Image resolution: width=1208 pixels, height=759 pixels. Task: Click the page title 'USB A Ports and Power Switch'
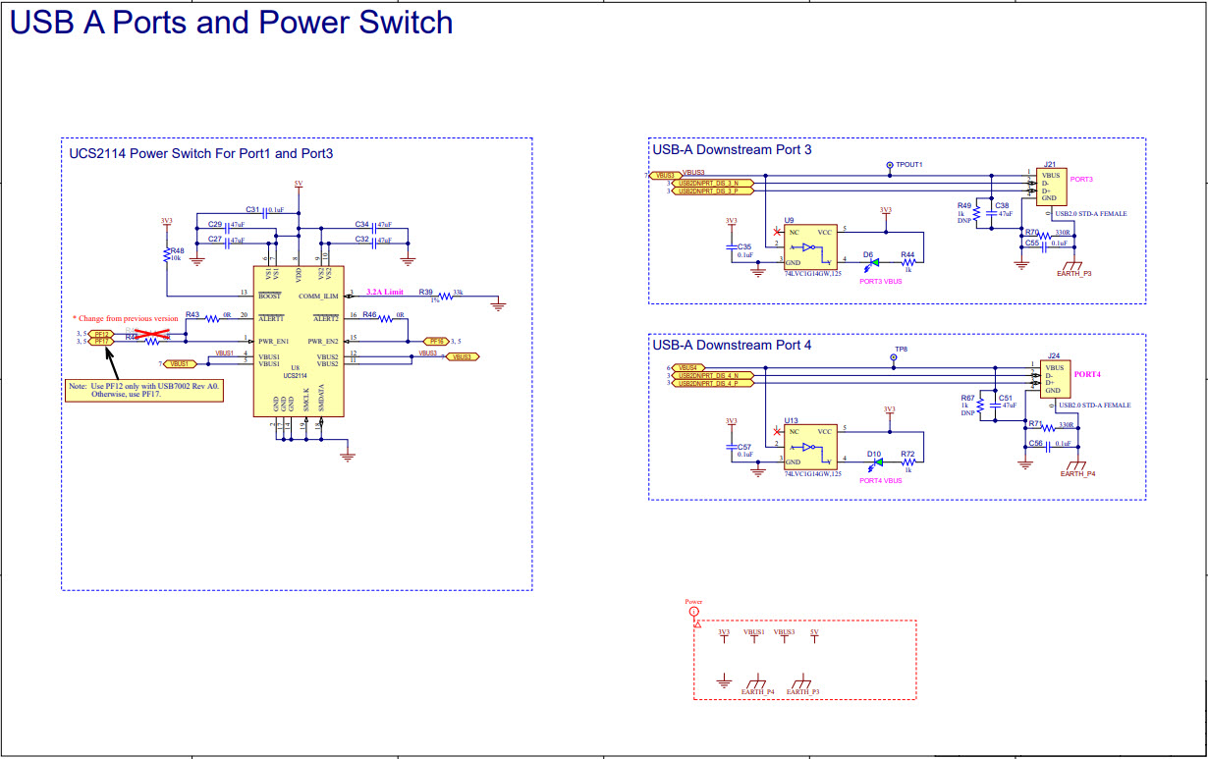pyautogui.click(x=232, y=23)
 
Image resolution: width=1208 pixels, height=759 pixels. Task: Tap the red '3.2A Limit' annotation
pyautogui.click(x=385, y=293)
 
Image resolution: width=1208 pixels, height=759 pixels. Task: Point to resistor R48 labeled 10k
pyautogui.click(x=167, y=255)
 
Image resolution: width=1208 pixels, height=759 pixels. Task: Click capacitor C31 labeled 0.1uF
pyautogui.click(x=266, y=210)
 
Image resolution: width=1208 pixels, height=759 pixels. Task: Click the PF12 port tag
pyautogui.click(x=100, y=334)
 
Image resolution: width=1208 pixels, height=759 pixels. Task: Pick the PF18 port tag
pyautogui.click(x=436, y=341)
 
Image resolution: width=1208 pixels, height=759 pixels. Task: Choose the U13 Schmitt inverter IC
pyautogui.click(x=809, y=446)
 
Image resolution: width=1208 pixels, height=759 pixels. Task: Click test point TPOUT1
pyautogui.click(x=890, y=165)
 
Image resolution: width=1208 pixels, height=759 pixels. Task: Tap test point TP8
pyautogui.click(x=894, y=358)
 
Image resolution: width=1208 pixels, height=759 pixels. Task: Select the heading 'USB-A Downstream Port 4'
pyautogui.click(x=733, y=346)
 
